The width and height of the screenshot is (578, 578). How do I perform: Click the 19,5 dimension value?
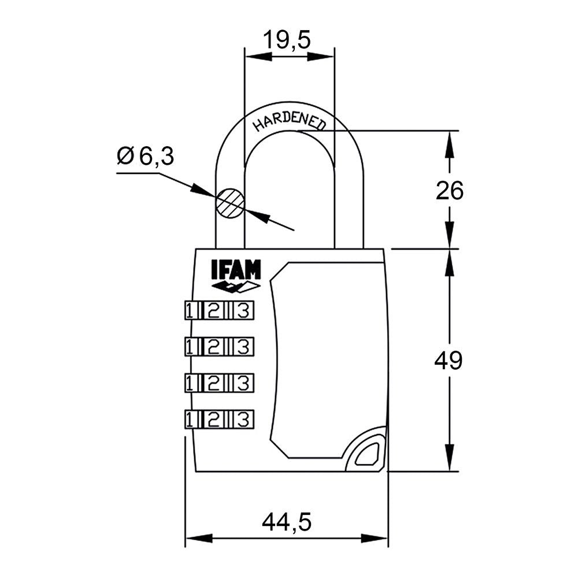coord(287,40)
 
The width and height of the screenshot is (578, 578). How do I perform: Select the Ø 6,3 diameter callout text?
coord(145,156)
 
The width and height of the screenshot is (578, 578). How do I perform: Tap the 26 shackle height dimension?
coord(450,190)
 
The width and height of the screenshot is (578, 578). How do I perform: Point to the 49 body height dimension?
coord(449,361)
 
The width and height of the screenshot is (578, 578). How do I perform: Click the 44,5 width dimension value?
coord(287,523)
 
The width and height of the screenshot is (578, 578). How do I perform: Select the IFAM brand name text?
coord(236,271)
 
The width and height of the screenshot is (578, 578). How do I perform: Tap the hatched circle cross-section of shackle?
coord(230,203)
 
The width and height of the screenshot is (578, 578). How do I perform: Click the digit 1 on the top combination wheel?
coord(190,311)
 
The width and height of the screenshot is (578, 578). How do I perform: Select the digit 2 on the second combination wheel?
coord(213,346)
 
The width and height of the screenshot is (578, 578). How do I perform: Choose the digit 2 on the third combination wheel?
coord(213,383)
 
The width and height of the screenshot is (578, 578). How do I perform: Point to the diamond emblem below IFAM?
coord(236,287)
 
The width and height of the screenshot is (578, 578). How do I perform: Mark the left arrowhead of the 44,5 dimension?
coord(197,538)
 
